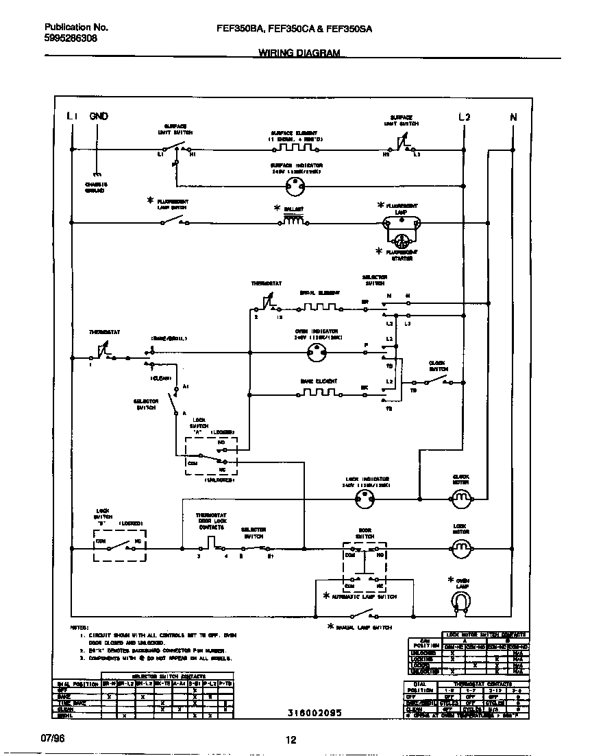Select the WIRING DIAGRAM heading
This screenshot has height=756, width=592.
299,53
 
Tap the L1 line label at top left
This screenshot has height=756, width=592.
73,117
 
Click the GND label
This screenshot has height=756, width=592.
99,117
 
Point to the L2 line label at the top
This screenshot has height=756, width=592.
464,117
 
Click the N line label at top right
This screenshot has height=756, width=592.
513,117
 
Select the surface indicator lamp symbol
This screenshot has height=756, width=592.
295,184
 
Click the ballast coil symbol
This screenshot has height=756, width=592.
295,222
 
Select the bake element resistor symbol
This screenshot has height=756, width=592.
319,394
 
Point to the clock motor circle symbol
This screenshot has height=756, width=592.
461,497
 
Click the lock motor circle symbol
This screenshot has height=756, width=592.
461,547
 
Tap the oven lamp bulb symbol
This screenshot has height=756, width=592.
461,602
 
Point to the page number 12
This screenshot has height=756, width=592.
291,740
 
